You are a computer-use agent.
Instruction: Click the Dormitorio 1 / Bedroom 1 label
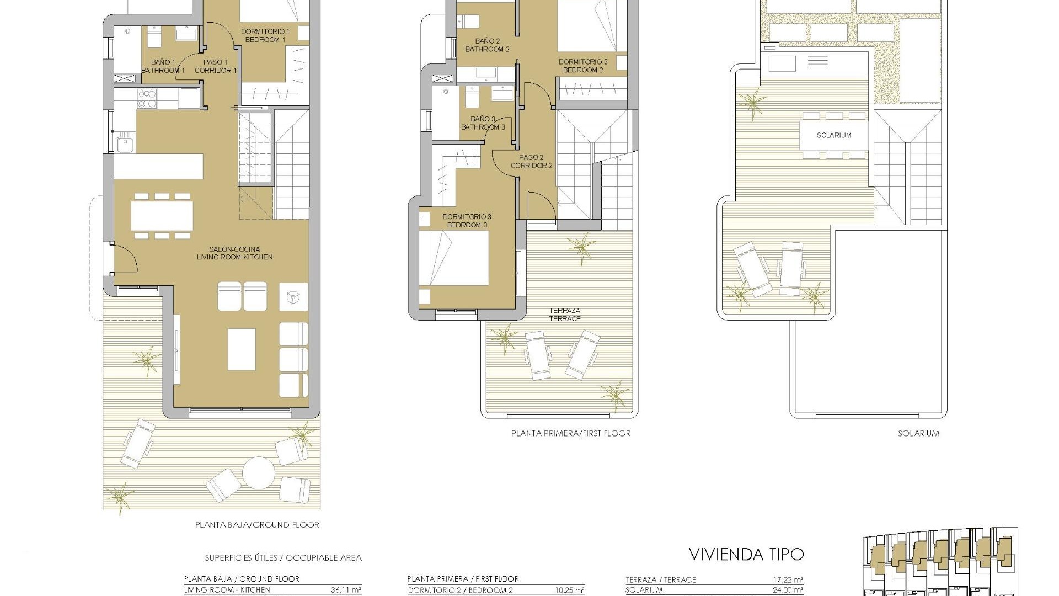point(265,36)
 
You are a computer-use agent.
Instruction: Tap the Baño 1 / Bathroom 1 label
point(163,66)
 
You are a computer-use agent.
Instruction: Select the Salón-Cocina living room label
point(234,253)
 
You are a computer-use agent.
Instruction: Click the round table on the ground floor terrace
point(259,473)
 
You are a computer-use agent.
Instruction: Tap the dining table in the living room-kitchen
point(162,215)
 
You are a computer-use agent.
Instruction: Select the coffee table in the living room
point(242,349)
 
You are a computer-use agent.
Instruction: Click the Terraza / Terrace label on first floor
point(564,315)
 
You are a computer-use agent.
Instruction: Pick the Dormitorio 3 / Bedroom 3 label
point(467,221)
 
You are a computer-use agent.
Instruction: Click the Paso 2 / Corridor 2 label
point(531,162)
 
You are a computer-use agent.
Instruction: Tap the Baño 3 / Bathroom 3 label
point(483,123)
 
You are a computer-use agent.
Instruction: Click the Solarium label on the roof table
point(833,135)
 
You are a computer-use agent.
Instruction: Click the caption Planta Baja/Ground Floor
point(257,525)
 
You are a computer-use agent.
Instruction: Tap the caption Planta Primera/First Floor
point(571,433)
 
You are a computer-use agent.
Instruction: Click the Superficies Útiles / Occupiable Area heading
point(283,558)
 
